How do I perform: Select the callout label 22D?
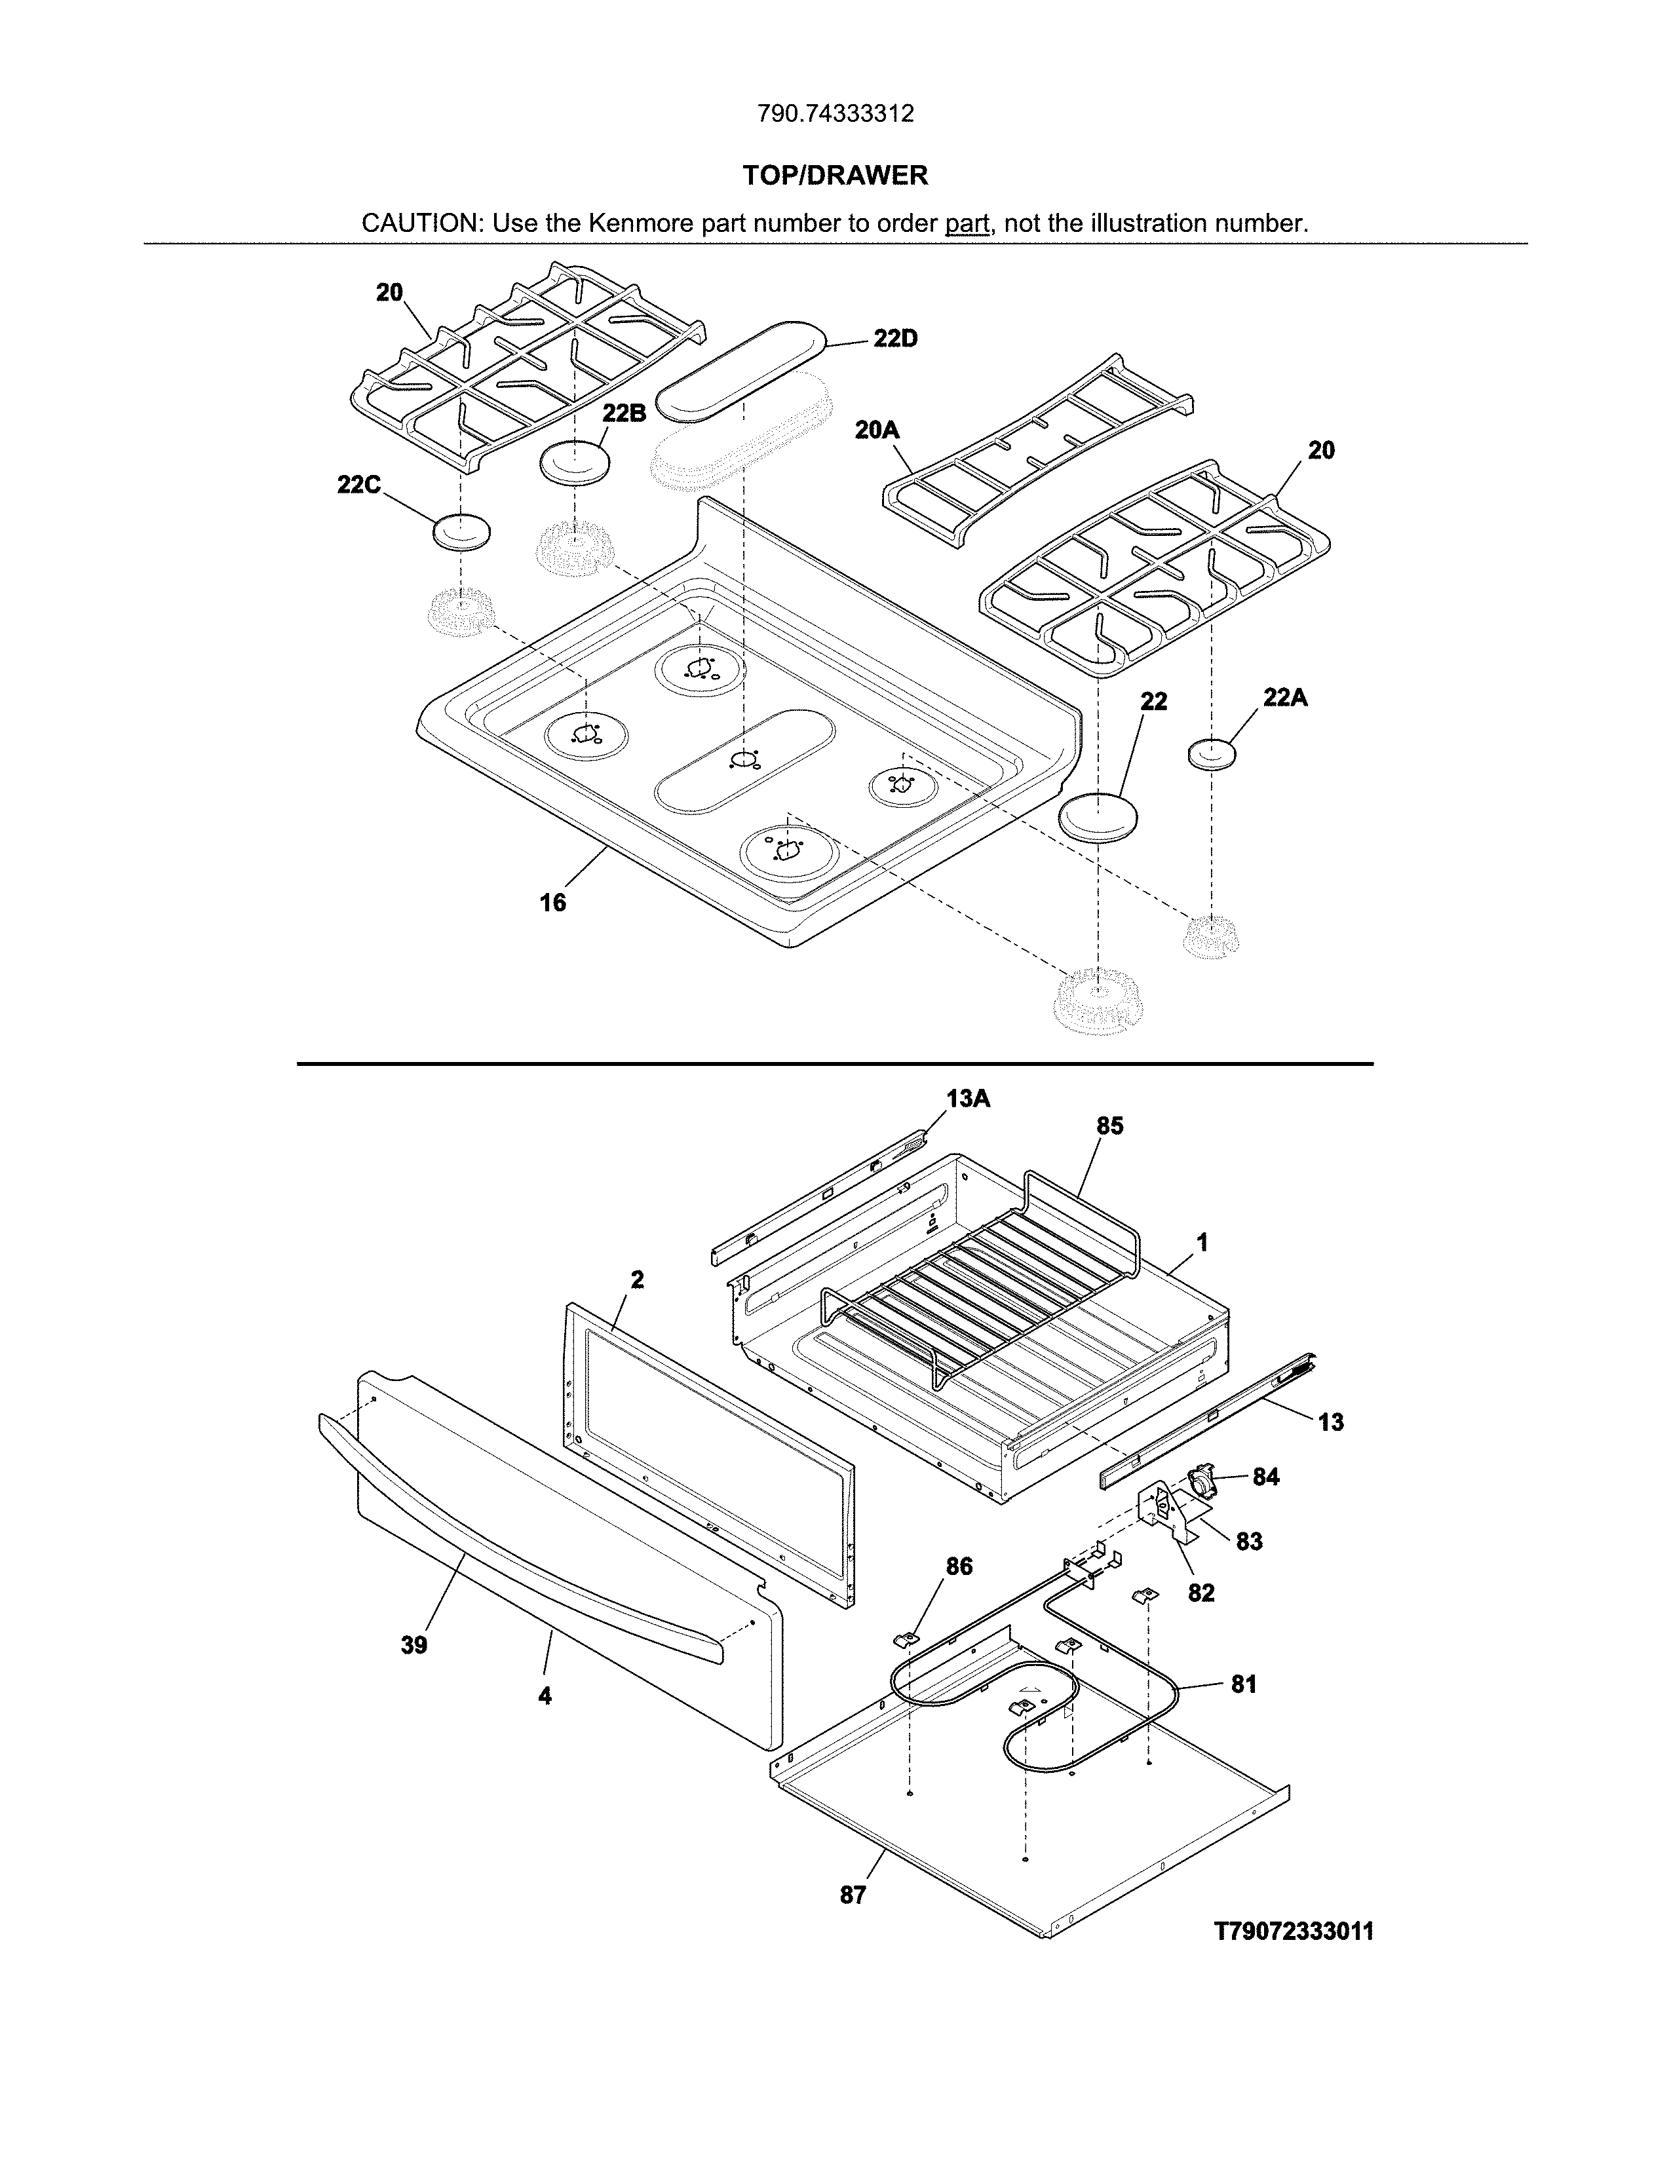tap(895, 339)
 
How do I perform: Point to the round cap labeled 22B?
tap(574, 463)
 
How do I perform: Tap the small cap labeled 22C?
tap(461, 531)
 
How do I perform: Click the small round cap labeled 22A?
tap(1212, 752)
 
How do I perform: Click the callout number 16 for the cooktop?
tap(552, 902)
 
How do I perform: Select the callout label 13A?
tap(967, 1098)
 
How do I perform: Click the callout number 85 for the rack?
tap(1109, 1127)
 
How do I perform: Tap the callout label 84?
tap(1265, 1477)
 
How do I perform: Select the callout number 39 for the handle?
tap(413, 1645)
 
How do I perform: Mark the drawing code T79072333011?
tap(1294, 1931)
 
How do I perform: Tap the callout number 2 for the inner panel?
tap(636, 1280)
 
